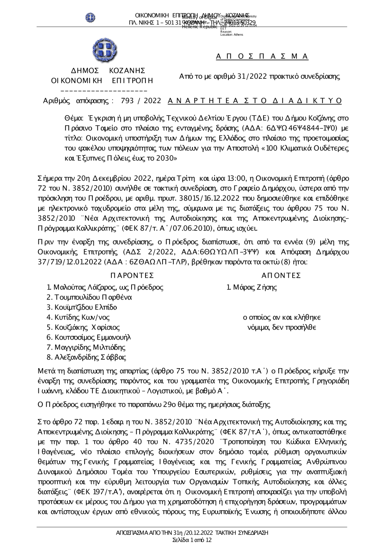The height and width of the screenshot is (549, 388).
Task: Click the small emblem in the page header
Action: (91, 17)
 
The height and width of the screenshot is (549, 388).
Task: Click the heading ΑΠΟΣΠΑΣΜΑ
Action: (262, 56)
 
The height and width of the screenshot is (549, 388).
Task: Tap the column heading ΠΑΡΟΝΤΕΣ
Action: (132, 275)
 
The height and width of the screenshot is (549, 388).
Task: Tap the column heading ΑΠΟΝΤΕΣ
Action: (281, 275)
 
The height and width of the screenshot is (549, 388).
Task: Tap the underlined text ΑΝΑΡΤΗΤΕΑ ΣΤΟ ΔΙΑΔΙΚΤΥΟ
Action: (255, 101)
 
